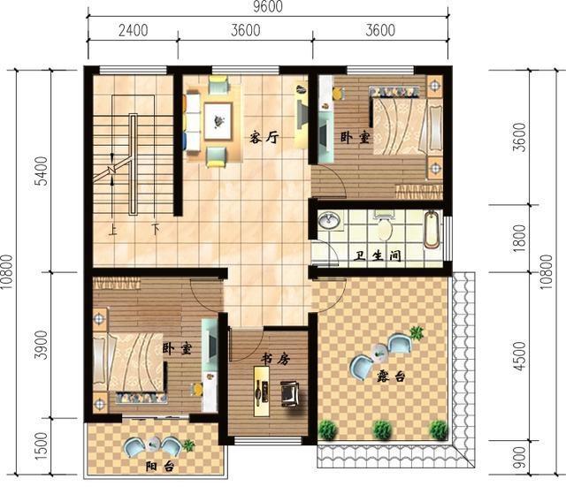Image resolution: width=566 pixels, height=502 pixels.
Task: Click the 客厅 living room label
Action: coord(264,137)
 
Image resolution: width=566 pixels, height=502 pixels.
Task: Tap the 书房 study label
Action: coord(275,359)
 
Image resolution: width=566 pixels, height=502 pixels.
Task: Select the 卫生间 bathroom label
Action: coord(377,255)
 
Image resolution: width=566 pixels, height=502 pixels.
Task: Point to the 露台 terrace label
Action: coord(391,376)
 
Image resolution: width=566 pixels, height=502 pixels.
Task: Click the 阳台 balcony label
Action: coord(160,467)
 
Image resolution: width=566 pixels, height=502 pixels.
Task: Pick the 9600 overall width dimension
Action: coord(267,7)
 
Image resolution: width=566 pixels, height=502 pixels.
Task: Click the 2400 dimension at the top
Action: coord(134,30)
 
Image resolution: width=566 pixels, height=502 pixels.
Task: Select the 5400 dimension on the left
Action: coord(42,171)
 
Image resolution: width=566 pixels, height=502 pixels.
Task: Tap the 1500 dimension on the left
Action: coord(42,445)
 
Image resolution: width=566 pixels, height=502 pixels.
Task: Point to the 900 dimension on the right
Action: coord(519,458)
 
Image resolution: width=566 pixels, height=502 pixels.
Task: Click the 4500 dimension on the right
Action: coord(519,356)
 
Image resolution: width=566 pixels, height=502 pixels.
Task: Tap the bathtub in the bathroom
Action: coord(432,231)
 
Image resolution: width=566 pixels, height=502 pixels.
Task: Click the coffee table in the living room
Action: coord(218,121)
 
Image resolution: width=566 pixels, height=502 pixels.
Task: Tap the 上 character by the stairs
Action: coord(112,230)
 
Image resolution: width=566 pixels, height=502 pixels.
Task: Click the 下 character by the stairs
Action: coord(156,229)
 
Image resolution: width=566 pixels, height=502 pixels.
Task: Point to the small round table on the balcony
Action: coord(154,444)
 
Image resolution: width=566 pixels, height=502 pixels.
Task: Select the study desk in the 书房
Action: coord(262,392)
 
